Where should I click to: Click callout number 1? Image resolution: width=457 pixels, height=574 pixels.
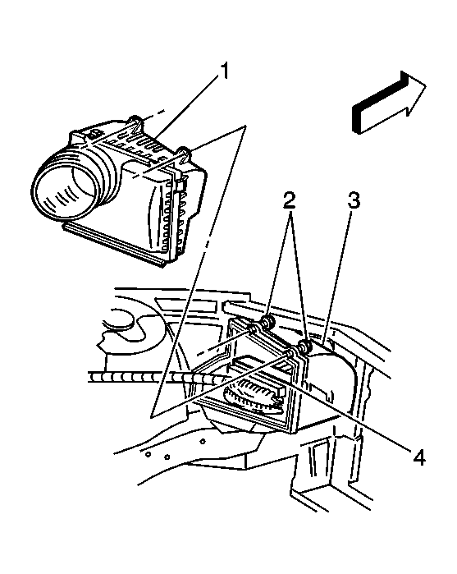[223, 71]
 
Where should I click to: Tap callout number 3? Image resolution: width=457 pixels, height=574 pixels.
[354, 200]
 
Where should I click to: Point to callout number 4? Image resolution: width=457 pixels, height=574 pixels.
[418, 457]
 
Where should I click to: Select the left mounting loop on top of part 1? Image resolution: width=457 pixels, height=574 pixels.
[135, 122]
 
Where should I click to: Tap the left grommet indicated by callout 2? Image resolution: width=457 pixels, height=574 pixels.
[268, 322]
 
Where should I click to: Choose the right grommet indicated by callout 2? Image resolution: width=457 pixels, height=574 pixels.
[304, 347]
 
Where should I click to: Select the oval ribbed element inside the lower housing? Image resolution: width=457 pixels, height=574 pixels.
[252, 397]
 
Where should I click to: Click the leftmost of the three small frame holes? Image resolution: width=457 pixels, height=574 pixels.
[149, 454]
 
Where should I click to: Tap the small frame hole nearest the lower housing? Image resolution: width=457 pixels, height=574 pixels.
[203, 441]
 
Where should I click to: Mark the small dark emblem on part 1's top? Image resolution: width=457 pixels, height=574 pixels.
[94, 133]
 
